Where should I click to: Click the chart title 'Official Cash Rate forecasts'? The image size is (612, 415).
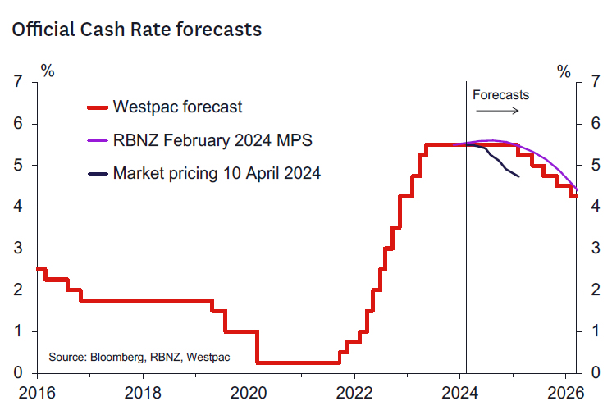click(x=136, y=30)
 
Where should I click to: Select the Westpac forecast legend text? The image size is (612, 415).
click(x=177, y=107)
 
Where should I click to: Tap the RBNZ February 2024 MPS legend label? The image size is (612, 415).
click(x=212, y=140)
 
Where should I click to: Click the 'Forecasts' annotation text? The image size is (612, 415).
click(x=500, y=94)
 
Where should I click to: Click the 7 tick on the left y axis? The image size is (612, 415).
click(x=17, y=82)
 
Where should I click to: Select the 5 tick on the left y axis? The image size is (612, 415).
click(x=17, y=165)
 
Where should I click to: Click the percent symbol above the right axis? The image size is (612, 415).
click(x=564, y=71)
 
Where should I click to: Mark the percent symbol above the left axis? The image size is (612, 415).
click(x=48, y=71)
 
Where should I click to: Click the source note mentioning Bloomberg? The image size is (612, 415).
click(x=139, y=358)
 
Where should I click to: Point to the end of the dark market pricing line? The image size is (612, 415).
click(x=518, y=176)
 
